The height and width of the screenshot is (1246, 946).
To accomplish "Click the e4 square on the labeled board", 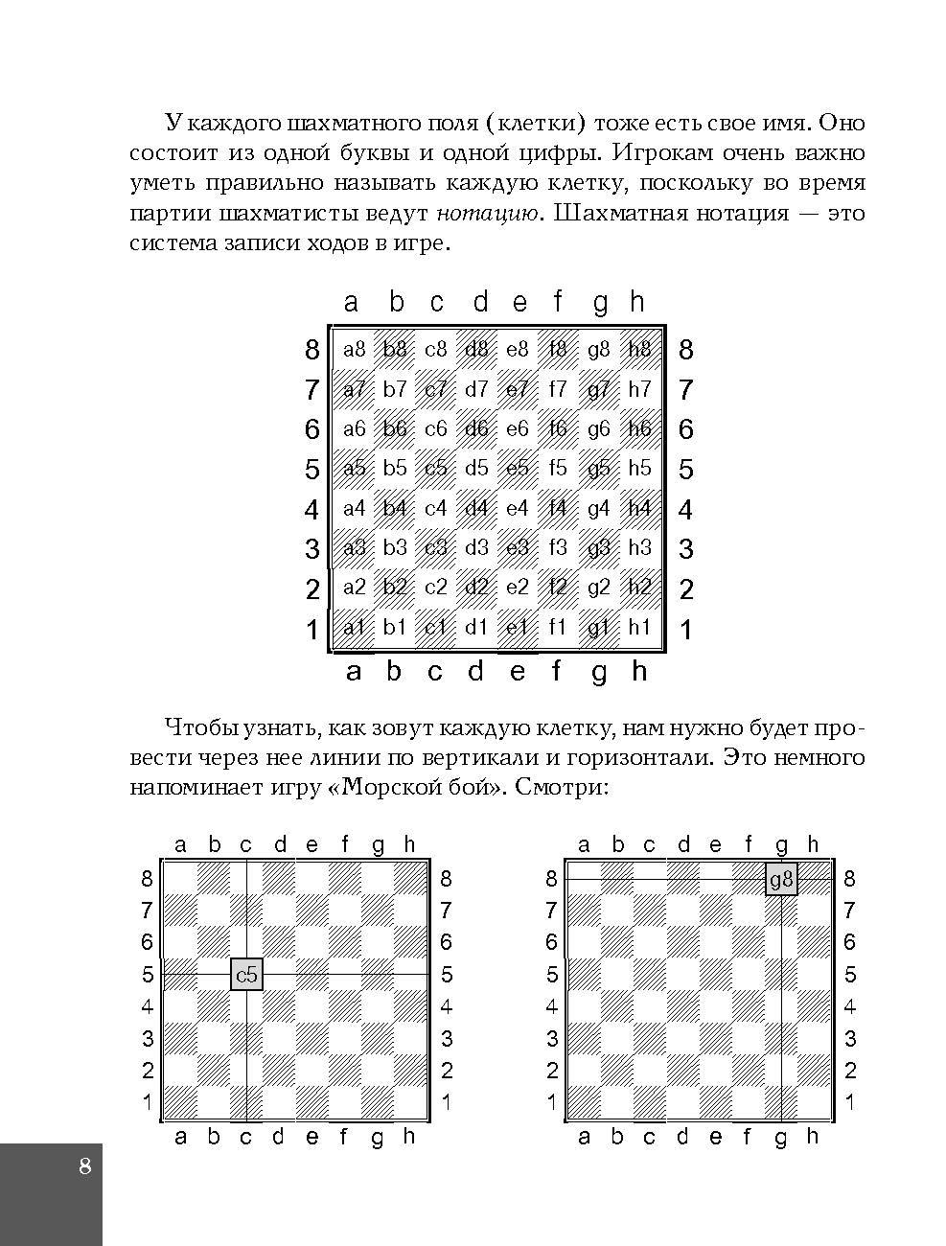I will (518, 508).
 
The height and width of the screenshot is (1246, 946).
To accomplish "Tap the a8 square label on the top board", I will (355, 349).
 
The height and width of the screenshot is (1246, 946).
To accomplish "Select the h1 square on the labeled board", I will (639, 628).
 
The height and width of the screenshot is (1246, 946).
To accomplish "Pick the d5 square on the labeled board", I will (476, 469).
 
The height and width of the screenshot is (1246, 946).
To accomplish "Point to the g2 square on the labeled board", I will (598, 588).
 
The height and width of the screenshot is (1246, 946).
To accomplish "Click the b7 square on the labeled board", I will (395, 389).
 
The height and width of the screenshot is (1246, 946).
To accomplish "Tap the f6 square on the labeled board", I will (558, 428).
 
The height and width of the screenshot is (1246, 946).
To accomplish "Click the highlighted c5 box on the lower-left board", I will (246, 975).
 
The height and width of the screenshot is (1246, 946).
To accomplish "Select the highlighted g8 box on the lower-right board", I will (781, 879).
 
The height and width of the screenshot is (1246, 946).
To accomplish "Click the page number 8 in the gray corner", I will (85, 1166).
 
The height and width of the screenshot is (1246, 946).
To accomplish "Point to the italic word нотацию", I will (486, 212).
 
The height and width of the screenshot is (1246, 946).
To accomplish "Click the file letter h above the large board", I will (637, 303).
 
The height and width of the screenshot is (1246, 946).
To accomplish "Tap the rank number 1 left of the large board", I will (311, 630).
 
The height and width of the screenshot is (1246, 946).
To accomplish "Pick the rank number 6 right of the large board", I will (685, 429).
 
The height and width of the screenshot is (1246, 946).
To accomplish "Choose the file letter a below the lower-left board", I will (180, 1137).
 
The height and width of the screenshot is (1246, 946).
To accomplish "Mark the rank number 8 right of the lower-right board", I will (849, 879).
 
